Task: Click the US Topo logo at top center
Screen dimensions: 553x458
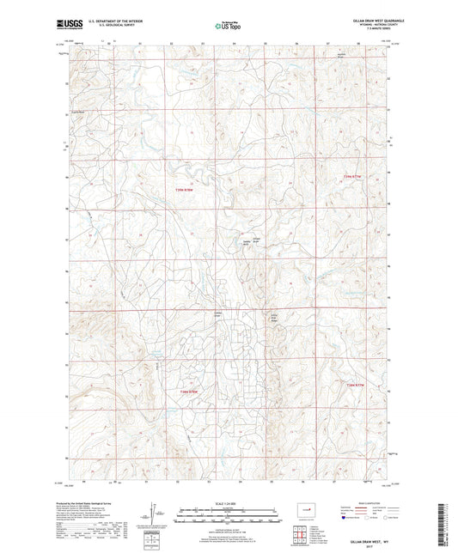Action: (224, 27)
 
